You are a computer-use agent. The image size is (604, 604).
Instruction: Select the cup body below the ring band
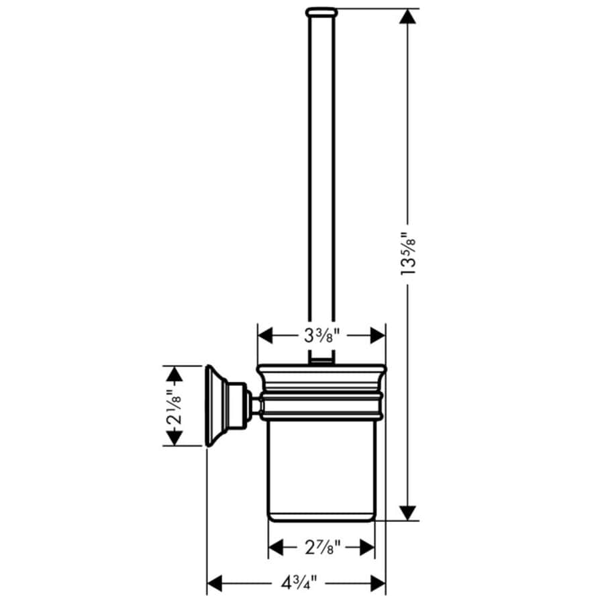pos(321,470)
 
